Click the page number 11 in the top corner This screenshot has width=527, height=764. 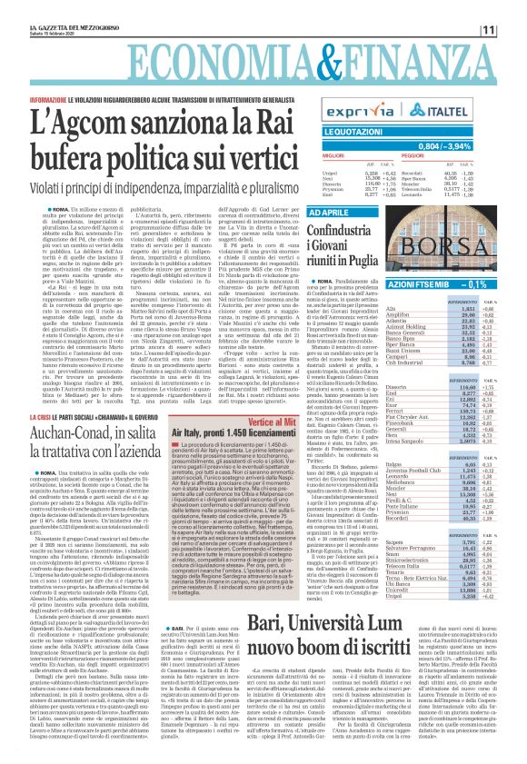pyautogui.click(x=512, y=30)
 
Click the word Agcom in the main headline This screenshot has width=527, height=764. pyautogui.click(x=102, y=119)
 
